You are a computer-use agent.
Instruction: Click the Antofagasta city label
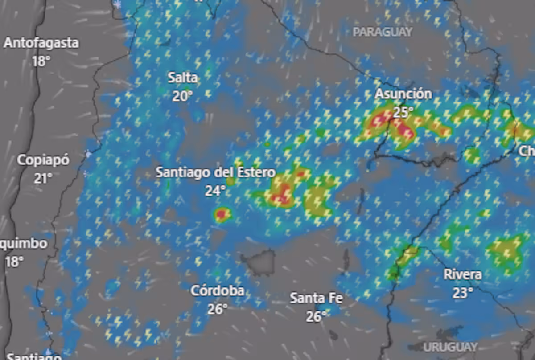click(x=41, y=43)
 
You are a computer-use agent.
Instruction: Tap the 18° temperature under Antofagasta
click(x=41, y=61)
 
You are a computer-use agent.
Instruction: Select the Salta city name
click(x=182, y=78)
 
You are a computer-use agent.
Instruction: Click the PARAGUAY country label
click(x=383, y=32)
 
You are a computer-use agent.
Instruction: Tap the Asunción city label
click(x=403, y=94)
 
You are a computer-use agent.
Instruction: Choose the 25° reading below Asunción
click(x=403, y=112)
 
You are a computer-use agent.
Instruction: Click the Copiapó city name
click(x=43, y=160)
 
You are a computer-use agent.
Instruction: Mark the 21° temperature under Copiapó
click(x=43, y=179)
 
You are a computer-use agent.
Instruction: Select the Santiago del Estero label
click(x=215, y=172)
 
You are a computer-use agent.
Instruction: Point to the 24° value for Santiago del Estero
click(x=215, y=191)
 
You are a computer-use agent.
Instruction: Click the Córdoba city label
click(x=218, y=291)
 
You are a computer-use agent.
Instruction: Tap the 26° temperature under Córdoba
click(x=218, y=309)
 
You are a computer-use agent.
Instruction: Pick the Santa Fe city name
click(x=317, y=298)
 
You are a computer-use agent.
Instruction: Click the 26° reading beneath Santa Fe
click(x=317, y=316)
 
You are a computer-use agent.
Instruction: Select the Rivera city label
click(x=463, y=274)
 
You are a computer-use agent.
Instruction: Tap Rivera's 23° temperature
click(x=463, y=293)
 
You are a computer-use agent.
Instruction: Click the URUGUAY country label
click(x=450, y=347)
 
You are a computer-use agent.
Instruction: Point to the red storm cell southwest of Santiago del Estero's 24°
click(x=221, y=215)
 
